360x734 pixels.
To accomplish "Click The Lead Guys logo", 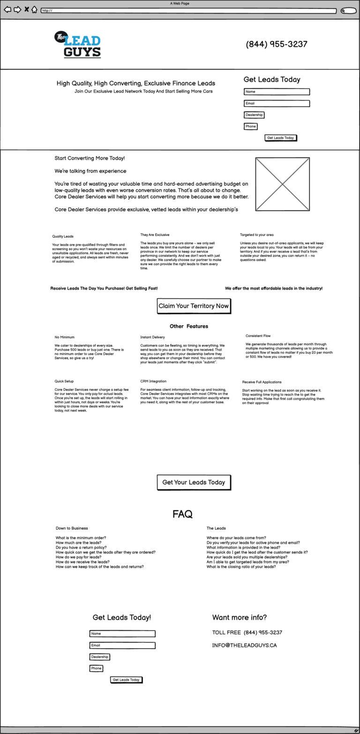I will point(78,45).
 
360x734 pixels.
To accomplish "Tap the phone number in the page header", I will point(277,44).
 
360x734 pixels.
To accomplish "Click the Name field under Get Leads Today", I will point(277,92).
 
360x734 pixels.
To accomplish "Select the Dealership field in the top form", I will point(254,115).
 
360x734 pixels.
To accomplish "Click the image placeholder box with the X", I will point(282,184).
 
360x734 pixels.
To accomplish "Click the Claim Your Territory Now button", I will point(194,306).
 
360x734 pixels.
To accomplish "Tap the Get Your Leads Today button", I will point(194,482).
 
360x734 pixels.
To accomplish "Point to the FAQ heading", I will point(182,514).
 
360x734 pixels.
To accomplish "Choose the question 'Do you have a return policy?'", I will point(81,547).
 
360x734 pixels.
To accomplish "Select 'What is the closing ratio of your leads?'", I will point(241,567).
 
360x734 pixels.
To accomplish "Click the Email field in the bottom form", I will point(122,645).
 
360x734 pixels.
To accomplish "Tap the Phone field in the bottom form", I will point(96,668).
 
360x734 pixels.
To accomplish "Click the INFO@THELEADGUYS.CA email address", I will point(244,645).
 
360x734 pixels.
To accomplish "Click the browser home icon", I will point(34,10).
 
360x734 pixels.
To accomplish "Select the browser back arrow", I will point(7,10).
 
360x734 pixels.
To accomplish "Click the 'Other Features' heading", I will point(189,326).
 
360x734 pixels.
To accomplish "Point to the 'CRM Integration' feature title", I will point(153,382).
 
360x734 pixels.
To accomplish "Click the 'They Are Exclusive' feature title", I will point(155,235).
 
